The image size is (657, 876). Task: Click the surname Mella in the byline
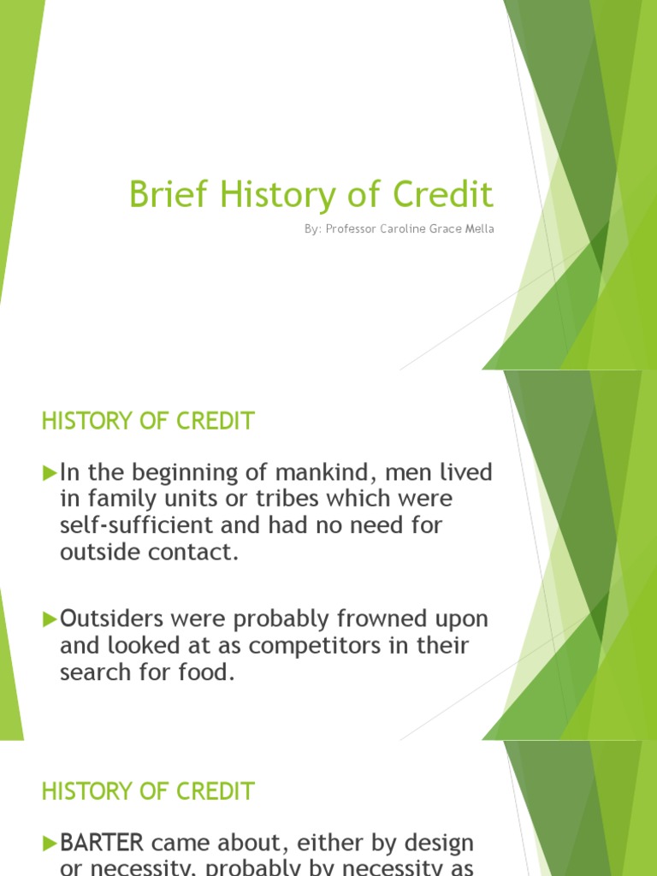pos(479,229)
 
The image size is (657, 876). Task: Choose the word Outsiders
pos(113,619)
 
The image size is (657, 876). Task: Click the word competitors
pos(294,645)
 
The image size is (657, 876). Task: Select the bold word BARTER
pos(102,843)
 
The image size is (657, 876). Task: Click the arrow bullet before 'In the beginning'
pos(49,472)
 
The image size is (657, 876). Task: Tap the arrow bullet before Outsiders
pos(49,619)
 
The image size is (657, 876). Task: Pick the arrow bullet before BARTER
pos(49,843)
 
